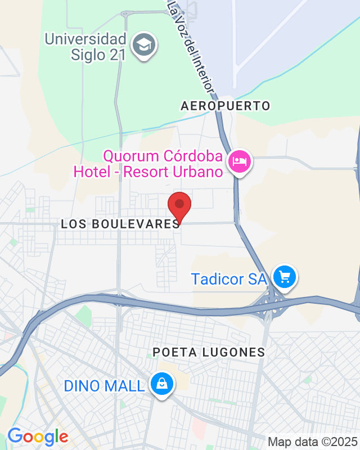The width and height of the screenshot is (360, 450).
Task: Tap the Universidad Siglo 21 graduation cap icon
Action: coord(144,46)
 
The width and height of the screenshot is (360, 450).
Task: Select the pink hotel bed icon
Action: coord(240,161)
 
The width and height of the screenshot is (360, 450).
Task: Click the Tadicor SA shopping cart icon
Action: coord(285,277)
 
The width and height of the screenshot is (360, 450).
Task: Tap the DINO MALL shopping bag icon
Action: coord(162,385)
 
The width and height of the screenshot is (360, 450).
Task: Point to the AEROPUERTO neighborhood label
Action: coord(225,106)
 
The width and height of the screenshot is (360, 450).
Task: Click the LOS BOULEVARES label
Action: coord(120,224)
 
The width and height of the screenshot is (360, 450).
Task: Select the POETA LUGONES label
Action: coord(209,353)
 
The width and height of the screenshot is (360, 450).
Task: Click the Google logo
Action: coord(38,436)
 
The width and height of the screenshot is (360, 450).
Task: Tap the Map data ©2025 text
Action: coord(312,442)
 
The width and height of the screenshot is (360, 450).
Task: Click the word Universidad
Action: coord(85,39)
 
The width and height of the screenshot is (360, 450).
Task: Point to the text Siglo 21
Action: coord(96,55)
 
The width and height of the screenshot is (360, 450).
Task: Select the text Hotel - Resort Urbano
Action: coord(148,172)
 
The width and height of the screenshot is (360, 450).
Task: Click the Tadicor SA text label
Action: coord(228,279)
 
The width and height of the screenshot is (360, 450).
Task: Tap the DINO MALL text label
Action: coord(104,386)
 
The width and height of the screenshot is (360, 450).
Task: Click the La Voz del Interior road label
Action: coord(191,45)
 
